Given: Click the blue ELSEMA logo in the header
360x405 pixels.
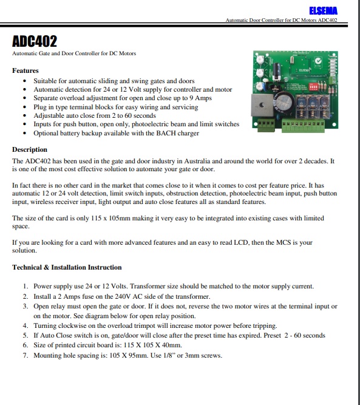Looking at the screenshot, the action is point(323,11).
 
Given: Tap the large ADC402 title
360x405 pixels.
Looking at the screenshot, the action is point(35,41).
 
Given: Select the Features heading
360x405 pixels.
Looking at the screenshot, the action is point(25,70).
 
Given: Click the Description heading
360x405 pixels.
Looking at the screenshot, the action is point(30,149).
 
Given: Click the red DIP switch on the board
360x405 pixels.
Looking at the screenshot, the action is point(313,87).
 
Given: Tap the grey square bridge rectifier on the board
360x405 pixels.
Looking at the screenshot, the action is point(262,105).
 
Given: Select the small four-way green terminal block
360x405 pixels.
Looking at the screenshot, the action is point(266,125).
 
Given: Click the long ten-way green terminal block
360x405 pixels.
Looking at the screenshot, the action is point(303,126).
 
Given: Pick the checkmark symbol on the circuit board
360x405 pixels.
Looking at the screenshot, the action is point(318,61).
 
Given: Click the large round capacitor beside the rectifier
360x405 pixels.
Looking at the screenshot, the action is point(284,102).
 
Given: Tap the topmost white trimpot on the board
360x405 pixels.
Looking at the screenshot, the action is point(260,60).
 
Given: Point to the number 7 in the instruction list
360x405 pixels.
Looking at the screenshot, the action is point(25,355).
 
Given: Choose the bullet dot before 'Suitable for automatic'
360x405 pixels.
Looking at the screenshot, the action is point(24,81).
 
